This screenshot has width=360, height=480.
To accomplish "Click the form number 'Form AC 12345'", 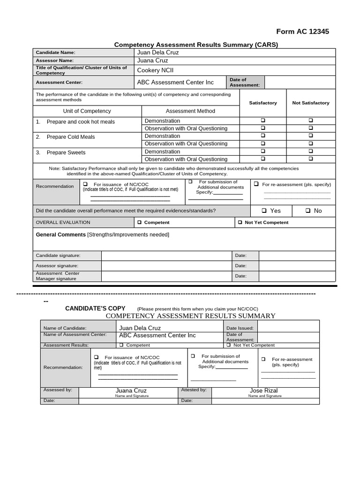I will (x=302, y=31).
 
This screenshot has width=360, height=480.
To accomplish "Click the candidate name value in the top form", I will (x=157, y=52).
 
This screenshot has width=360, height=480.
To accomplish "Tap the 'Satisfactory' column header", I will (x=262, y=103).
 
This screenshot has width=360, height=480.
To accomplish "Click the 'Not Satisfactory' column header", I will (x=311, y=103).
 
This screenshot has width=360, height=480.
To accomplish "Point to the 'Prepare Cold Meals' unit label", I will (x=70, y=137).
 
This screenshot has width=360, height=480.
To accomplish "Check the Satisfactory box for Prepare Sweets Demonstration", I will (x=263, y=151).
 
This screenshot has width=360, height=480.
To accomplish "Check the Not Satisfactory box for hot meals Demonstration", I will (x=311, y=120).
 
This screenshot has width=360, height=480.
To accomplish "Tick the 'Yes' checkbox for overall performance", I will (x=264, y=211).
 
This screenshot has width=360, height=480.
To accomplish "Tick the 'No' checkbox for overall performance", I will (x=308, y=211).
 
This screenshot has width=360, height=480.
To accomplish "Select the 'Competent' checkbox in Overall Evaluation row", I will (x=139, y=223).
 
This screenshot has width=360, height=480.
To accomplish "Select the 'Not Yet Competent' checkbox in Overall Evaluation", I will (x=240, y=223).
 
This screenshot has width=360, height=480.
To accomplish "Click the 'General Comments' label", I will (x=60, y=234).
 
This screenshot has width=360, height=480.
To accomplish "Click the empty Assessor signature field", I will (x=167, y=266).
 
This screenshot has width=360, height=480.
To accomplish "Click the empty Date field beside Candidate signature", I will (x=297, y=255).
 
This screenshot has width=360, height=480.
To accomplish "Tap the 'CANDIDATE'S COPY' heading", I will (x=95, y=308).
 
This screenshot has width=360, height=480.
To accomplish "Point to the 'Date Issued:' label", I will (x=240, y=328).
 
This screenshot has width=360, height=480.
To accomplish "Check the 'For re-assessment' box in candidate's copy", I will (x=263, y=359).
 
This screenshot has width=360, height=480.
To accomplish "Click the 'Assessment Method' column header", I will (x=190, y=111).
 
